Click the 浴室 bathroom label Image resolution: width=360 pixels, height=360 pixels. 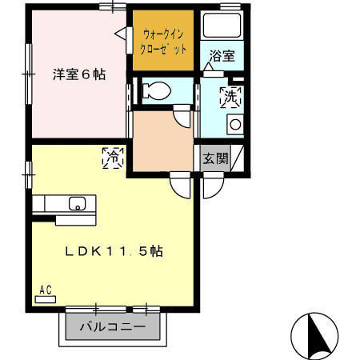tap(222, 56)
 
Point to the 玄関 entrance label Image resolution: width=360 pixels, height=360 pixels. tap(214, 158)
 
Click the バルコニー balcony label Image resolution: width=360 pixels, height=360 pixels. tap(113, 327)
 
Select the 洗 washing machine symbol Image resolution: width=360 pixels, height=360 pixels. tap(230, 98)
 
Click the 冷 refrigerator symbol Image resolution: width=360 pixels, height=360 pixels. tap(113, 158)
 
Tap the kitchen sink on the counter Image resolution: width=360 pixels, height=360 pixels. tap(78, 202)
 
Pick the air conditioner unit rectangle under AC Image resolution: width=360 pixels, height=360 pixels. tap(45, 299)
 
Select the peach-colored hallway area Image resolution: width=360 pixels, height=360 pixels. tap(161, 141)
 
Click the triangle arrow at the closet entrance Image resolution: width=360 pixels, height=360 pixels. tap(122, 35)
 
